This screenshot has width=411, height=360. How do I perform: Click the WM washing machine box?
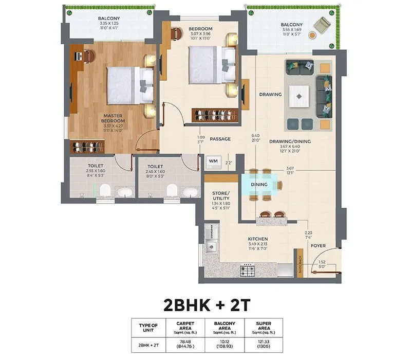pyautogui.click(x=213, y=161)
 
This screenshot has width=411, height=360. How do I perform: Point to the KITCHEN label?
pyautogui.click(x=257, y=239)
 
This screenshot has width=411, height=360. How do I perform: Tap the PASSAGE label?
pyautogui.click(x=220, y=139)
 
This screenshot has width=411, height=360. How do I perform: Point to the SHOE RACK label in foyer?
pyautogui.click(x=301, y=265)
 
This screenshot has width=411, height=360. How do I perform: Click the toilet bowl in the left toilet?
pyautogui.click(x=105, y=191)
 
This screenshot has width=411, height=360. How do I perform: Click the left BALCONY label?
pyautogui.click(x=109, y=19)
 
